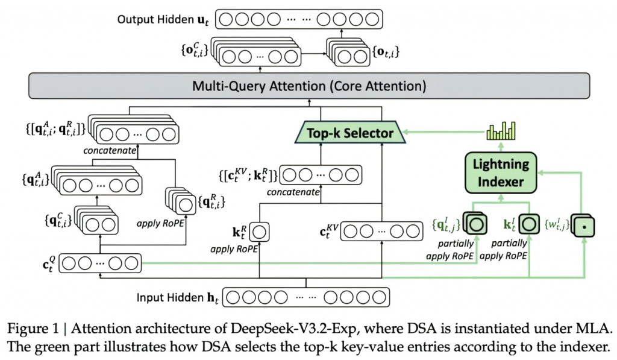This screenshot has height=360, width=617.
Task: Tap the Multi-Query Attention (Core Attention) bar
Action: coord(308,86)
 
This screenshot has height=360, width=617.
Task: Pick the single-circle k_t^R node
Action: coord(259,232)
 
